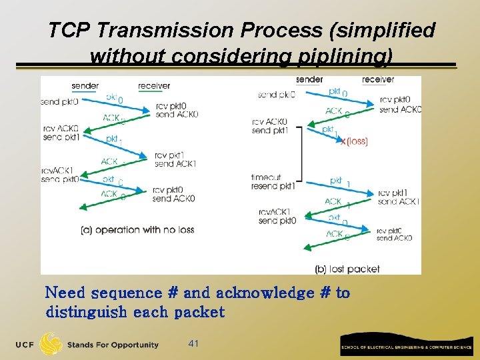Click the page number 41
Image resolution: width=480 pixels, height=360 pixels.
point(194,343)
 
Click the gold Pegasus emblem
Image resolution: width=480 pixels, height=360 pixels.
point(51,344)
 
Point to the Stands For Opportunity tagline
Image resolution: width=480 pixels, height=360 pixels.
point(113,345)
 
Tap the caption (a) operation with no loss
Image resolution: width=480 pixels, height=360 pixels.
point(137,230)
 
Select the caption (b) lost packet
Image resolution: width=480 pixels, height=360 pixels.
point(347,269)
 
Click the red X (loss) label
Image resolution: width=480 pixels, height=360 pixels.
point(354,141)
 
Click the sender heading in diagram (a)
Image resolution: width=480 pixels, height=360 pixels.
point(85,86)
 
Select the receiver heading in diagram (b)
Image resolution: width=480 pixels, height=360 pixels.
point(378,80)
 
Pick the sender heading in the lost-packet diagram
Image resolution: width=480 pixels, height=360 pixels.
point(309,80)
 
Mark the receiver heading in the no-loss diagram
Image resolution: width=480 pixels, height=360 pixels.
point(154,86)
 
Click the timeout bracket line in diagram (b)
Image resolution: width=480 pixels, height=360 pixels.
point(302,153)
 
